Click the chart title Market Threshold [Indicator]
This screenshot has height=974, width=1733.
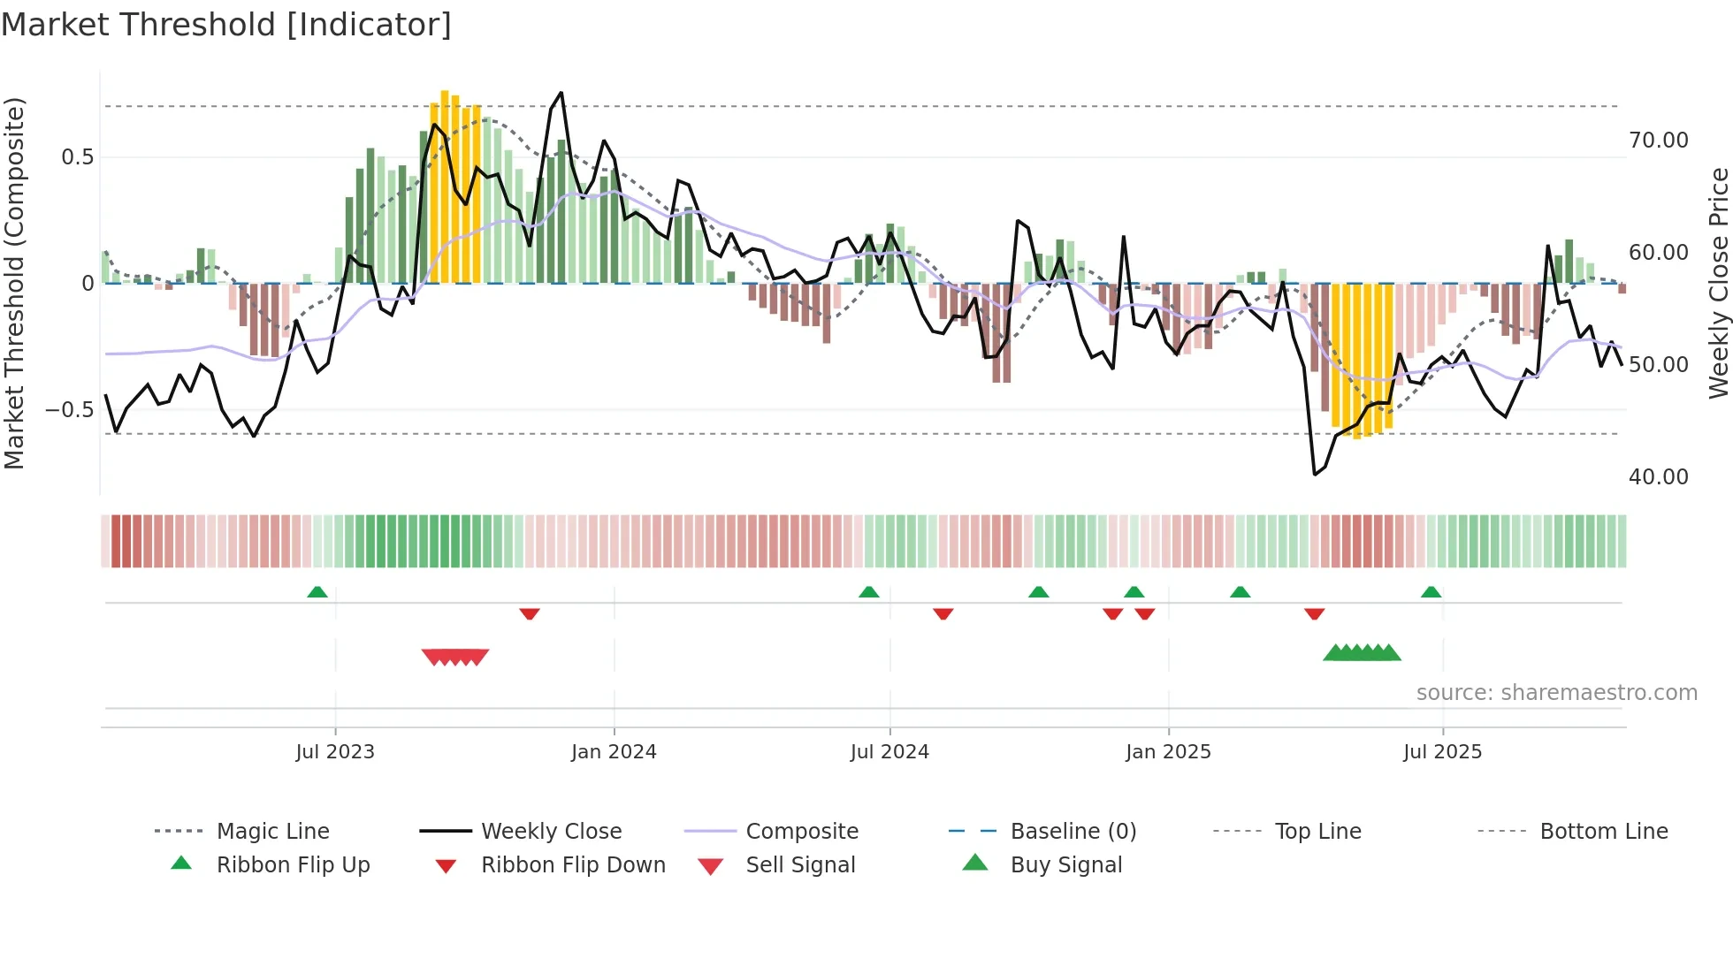[226, 25]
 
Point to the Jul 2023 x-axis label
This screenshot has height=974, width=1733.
[335, 752]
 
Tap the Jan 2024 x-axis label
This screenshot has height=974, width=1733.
[614, 752]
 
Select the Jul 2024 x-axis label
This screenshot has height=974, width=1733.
[889, 752]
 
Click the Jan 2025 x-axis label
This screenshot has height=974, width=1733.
[1168, 752]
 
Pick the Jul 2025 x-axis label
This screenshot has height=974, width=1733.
[1442, 752]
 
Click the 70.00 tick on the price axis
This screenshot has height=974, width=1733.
[1658, 141]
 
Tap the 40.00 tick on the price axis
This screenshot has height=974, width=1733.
[1658, 477]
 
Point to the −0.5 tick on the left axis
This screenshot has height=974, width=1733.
[69, 410]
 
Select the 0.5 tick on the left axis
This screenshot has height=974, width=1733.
[77, 157]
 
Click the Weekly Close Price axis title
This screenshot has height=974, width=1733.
[1718, 283]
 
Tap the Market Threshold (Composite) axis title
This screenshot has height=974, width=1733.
[14, 283]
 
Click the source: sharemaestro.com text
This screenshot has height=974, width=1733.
[1556, 693]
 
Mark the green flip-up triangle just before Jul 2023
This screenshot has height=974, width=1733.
[317, 592]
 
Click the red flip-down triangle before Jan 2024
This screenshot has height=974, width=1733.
[530, 613]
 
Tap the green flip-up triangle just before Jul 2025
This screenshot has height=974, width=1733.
[1431, 592]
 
